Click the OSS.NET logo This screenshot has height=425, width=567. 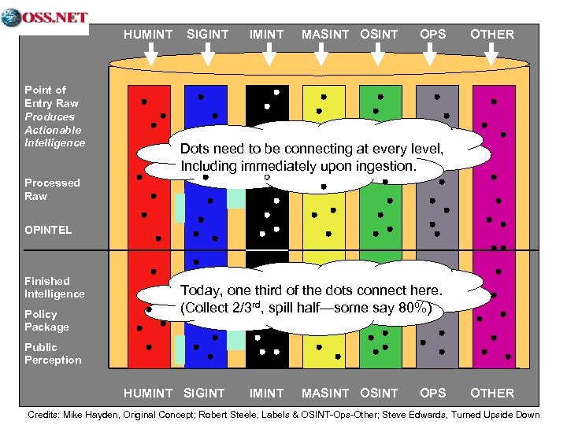point(45,18)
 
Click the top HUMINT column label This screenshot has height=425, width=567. point(148,35)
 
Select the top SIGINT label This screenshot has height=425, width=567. point(207,35)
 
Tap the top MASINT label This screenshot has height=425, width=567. point(327,35)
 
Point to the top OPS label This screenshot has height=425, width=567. point(432,35)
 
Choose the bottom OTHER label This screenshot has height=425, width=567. point(491,393)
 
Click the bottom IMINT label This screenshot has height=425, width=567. point(266,393)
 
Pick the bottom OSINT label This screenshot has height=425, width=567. point(379,393)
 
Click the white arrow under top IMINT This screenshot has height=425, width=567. point(268,54)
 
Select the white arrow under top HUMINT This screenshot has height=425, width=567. point(153,54)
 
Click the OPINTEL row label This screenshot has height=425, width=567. point(48,230)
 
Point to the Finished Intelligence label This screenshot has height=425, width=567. point(54,287)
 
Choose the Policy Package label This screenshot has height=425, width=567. point(46,320)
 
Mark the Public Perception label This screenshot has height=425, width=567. point(53,353)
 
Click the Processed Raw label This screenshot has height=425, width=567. point(52,189)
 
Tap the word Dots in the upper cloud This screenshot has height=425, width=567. point(195,149)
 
